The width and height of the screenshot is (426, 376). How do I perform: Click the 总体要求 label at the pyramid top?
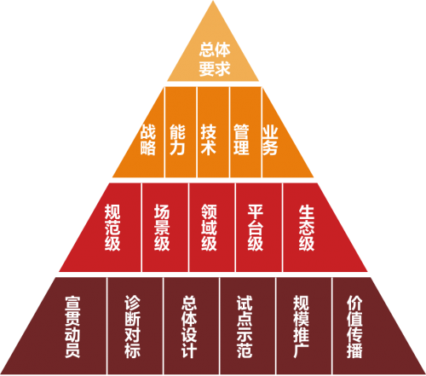pyautogui.click(x=215, y=60)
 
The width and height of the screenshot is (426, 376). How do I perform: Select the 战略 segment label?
pyautogui.click(x=148, y=140)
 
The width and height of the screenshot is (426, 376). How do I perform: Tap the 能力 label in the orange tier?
pyautogui.click(x=177, y=140)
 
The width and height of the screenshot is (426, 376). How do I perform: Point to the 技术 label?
pyautogui.click(x=209, y=140)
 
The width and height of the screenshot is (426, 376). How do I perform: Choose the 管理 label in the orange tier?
pyautogui.click(x=241, y=140)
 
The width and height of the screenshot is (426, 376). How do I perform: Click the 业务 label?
pyautogui.click(x=270, y=140)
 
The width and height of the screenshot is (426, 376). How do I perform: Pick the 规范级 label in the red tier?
pyautogui.click(x=112, y=228)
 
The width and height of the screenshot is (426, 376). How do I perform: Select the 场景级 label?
pyautogui.click(x=162, y=228)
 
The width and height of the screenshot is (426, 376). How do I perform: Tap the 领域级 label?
pyautogui.click(x=209, y=228)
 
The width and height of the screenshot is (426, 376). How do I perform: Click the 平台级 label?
pyautogui.click(x=256, y=228)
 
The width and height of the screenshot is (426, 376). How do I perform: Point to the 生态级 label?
pyautogui.click(x=307, y=228)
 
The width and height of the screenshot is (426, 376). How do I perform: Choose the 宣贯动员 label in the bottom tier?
pyautogui.click(x=72, y=327)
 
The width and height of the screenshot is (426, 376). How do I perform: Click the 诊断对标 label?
pyautogui.click(x=132, y=327)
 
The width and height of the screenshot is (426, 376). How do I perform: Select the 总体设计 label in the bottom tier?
pyautogui.click(x=189, y=327)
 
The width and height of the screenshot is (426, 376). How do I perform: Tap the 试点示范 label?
pyautogui.click(x=245, y=327)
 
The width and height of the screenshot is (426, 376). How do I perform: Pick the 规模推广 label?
pyautogui.click(x=301, y=327)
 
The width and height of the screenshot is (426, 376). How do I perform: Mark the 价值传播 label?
pyautogui.click(x=354, y=327)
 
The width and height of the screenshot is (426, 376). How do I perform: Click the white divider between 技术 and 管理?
pyautogui.click(x=229, y=132)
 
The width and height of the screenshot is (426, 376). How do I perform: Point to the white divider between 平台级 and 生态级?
pyautogui.click(x=282, y=228)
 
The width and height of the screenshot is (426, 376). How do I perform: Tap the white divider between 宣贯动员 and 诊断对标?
pyautogui.click(x=106, y=326)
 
